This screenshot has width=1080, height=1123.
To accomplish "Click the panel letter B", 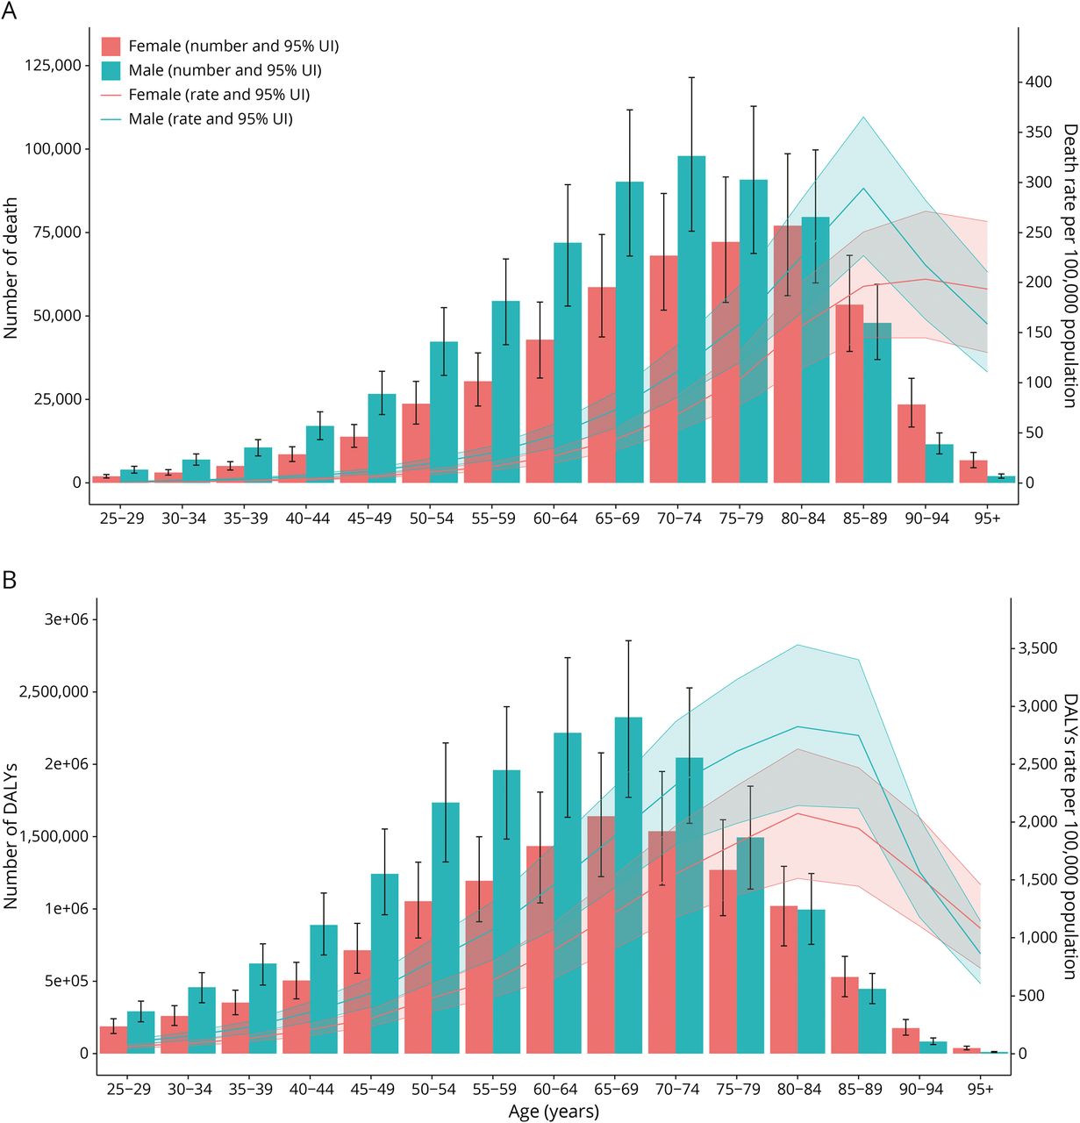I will click(x=10, y=580).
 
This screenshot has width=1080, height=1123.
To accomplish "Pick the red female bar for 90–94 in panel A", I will click(x=912, y=443).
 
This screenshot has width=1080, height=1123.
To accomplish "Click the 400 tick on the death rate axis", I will click(x=1039, y=82).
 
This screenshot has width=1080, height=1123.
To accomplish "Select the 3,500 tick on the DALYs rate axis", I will click(x=1037, y=648).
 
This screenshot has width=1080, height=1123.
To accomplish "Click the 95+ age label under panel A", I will click(x=987, y=519).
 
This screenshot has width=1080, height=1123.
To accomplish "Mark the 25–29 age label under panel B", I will click(x=129, y=1089).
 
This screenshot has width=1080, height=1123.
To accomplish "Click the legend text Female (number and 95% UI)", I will click(x=233, y=46).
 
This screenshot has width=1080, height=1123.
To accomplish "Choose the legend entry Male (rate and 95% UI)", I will click(x=211, y=118).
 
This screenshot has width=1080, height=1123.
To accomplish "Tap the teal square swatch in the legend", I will click(x=111, y=70).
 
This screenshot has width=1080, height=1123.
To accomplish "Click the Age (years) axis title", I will click(x=554, y=1112).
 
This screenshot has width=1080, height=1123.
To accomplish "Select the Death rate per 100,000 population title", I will click(x=1069, y=265).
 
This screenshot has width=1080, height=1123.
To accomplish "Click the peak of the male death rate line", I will click(x=863, y=188).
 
